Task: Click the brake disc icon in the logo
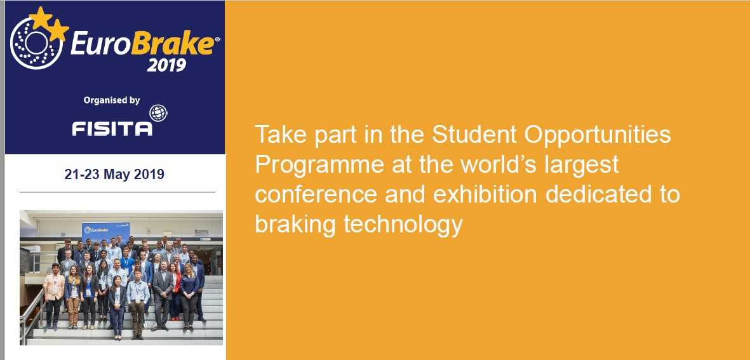(36, 43)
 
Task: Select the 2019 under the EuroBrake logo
(166, 65)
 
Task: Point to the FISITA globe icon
(158, 113)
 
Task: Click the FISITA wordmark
(112, 128)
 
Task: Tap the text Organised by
(111, 100)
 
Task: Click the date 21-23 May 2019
(114, 175)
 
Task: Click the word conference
(316, 195)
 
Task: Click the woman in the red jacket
(175, 290)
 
